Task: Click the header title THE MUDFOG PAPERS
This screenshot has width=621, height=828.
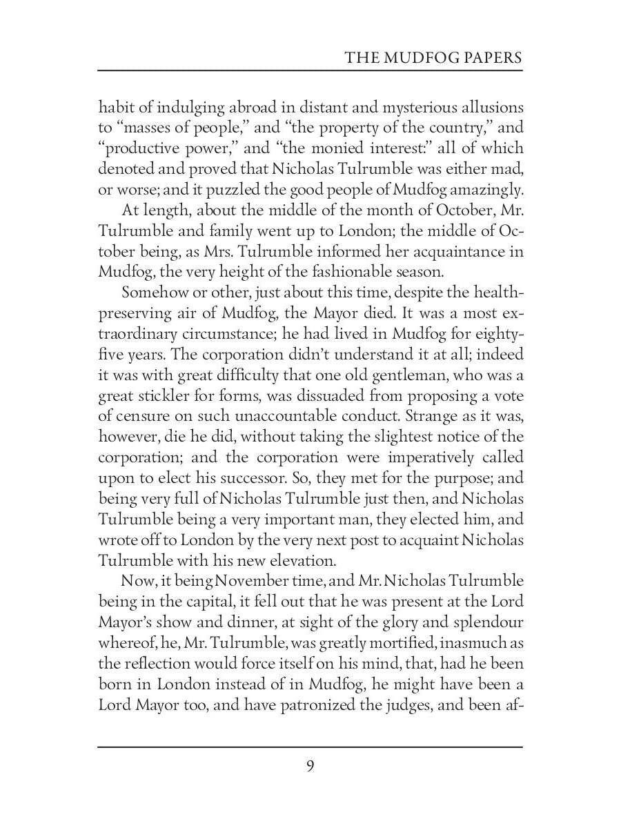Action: pyautogui.click(x=433, y=57)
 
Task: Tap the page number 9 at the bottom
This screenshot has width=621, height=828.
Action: pyautogui.click(x=310, y=766)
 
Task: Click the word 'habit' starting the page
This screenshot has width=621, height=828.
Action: pyautogui.click(x=115, y=108)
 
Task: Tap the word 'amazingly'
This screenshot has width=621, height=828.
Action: pyautogui.click(x=486, y=189)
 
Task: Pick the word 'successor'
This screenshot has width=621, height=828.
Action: pyautogui.click(x=249, y=478)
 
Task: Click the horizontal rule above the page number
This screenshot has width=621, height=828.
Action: pyautogui.click(x=310, y=747)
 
